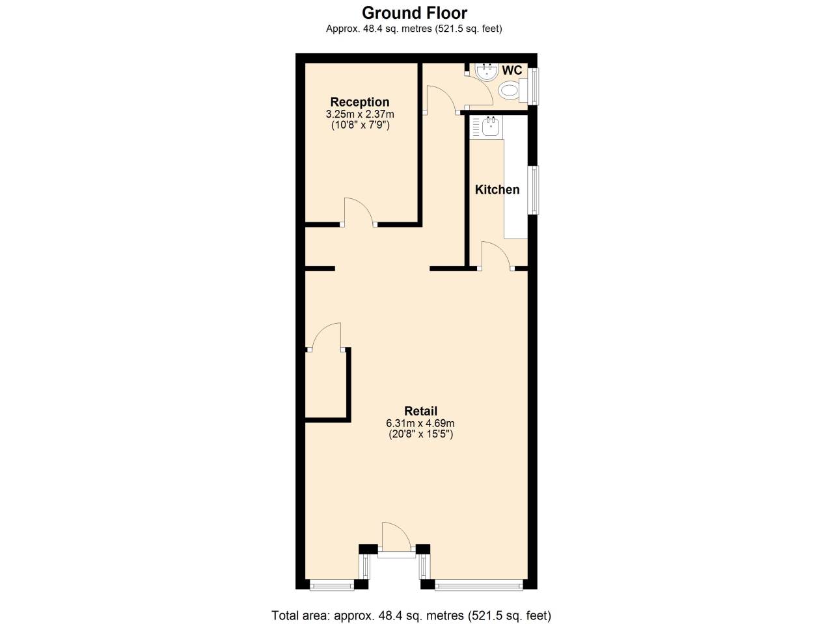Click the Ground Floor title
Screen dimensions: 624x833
coord(415,12)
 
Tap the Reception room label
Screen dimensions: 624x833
coord(360,102)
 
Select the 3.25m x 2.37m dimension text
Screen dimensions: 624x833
coord(360,114)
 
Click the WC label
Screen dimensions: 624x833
coord(512,70)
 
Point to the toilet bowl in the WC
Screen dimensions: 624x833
coord(509,91)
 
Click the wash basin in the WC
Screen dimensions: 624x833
coord(485,71)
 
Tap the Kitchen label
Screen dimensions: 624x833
coord(497,190)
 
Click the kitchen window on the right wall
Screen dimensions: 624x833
coord(534,190)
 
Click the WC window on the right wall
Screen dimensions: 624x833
coord(534,86)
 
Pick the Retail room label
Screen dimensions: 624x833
coord(420,411)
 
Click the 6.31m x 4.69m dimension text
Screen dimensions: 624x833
coord(420,424)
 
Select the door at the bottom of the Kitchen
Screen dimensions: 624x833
coord(496,254)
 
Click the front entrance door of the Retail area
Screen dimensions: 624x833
coord(396,538)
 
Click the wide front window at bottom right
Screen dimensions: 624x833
coord(478,586)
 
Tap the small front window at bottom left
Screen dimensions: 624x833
coord(332,586)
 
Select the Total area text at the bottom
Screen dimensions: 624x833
coord(411,615)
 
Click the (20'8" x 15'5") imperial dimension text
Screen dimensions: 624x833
coord(420,434)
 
